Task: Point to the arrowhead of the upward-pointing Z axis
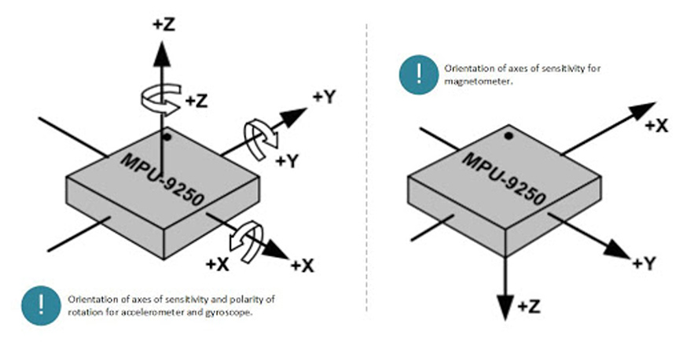162,53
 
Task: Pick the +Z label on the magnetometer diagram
529,307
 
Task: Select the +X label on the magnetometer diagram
656,126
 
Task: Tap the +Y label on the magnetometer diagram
644,263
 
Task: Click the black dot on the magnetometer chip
509,136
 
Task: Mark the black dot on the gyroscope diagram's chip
167,137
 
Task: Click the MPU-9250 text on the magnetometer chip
504,179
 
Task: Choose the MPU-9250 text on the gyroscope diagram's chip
162,179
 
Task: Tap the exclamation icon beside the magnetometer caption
419,75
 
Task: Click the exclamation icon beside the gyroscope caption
41,305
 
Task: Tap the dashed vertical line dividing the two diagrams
367,167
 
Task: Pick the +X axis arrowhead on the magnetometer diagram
643,110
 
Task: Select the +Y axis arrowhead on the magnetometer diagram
617,250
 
